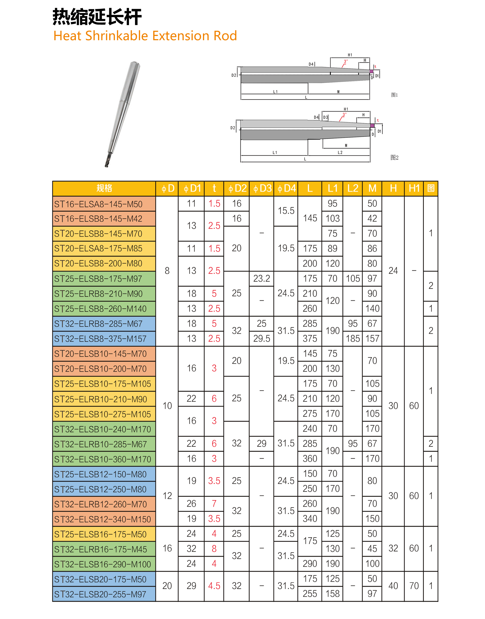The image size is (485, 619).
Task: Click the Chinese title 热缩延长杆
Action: pos(97,17)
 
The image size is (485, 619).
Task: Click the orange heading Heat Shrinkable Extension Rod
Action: pos(145,36)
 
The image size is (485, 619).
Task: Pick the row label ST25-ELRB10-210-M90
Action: pos(101,399)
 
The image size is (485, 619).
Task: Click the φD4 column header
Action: pos(286,188)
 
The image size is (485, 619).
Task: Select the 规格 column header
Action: pos(104,188)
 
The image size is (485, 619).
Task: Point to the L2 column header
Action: pos(353,188)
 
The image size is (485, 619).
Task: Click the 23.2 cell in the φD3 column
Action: pos(261,278)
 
